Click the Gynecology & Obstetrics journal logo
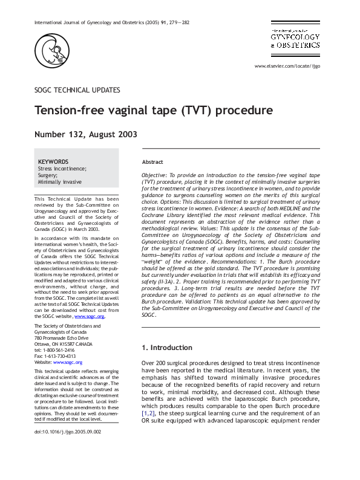pos(295,37)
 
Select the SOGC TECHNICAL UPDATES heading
pos(77,90)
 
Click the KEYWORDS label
pos(53,162)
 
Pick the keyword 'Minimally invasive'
pos(60,182)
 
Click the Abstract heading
pos(152,163)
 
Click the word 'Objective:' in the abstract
pos(155,175)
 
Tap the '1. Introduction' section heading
pos(167,348)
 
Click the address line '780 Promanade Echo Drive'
pos(61,338)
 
